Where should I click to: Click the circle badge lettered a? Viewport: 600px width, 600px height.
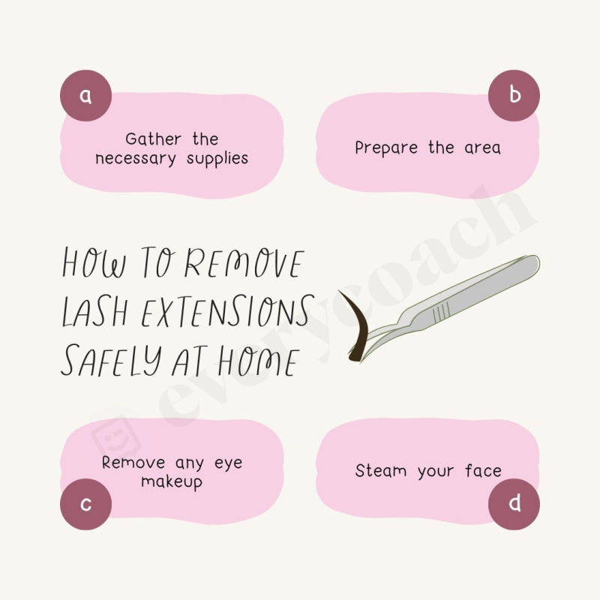coord(85,95)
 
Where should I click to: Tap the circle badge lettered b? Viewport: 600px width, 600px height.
coord(514,95)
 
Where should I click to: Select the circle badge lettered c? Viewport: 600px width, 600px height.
coord(85,504)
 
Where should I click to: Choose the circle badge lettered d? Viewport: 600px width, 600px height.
coord(514,504)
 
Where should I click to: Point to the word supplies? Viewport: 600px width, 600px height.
coord(217,160)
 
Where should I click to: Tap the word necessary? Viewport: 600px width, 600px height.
coord(136,160)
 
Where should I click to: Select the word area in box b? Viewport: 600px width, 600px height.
coord(482,148)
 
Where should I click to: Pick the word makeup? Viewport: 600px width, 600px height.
coord(172,482)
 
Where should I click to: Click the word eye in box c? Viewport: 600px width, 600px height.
coord(227,463)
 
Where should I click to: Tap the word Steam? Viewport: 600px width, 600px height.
coord(381,471)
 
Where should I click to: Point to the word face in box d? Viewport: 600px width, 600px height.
coord(482,471)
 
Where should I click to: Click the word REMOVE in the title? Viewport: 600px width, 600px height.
coord(244,265)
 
